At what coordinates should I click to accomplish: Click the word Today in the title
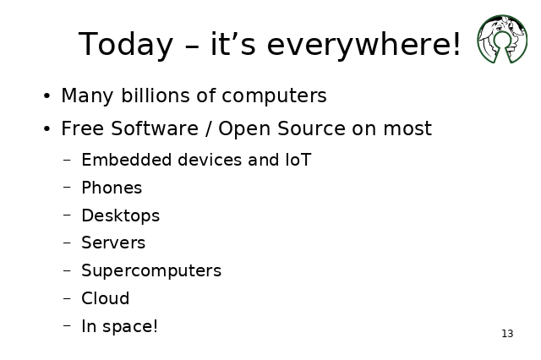[x=126, y=44]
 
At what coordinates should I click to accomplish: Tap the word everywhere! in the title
[x=364, y=44]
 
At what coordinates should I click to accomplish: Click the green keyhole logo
[x=502, y=39]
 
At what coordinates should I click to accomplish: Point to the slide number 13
[x=507, y=334]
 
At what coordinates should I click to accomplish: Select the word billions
[x=156, y=95]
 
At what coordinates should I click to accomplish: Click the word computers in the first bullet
[x=274, y=95]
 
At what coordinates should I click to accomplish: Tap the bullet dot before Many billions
[x=47, y=95]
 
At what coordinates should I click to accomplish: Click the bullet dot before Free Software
[x=47, y=129]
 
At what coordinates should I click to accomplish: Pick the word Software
[x=155, y=128]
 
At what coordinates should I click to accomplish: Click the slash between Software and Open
[x=208, y=128]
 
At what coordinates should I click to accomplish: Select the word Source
[x=311, y=128]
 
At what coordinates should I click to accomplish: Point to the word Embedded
[x=126, y=160]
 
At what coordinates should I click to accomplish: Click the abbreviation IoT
[x=298, y=160]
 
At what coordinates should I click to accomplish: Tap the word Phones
[x=112, y=188]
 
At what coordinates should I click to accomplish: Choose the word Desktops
[x=121, y=215]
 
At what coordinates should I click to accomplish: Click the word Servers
[x=113, y=243]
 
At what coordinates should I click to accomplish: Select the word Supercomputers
[x=151, y=270]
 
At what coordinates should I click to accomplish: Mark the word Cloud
[x=105, y=298]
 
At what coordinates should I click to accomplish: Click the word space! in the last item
[x=130, y=326]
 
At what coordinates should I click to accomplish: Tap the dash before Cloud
[x=68, y=298]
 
